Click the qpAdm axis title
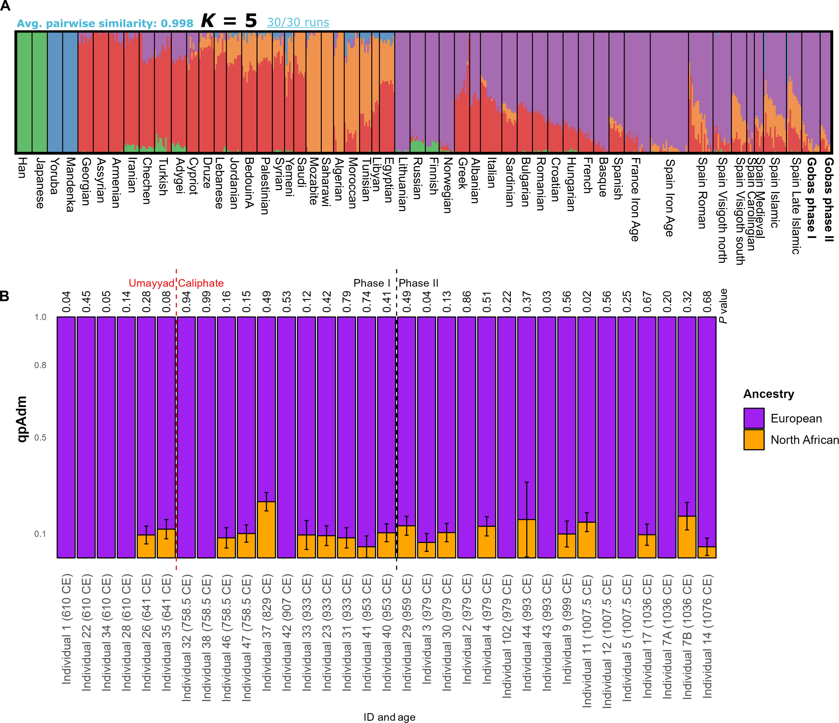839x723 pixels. pos(22,419)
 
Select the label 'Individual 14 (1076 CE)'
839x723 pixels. pos(707,636)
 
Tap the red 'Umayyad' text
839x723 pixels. pos(151,283)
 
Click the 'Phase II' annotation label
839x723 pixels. pos(419,283)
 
